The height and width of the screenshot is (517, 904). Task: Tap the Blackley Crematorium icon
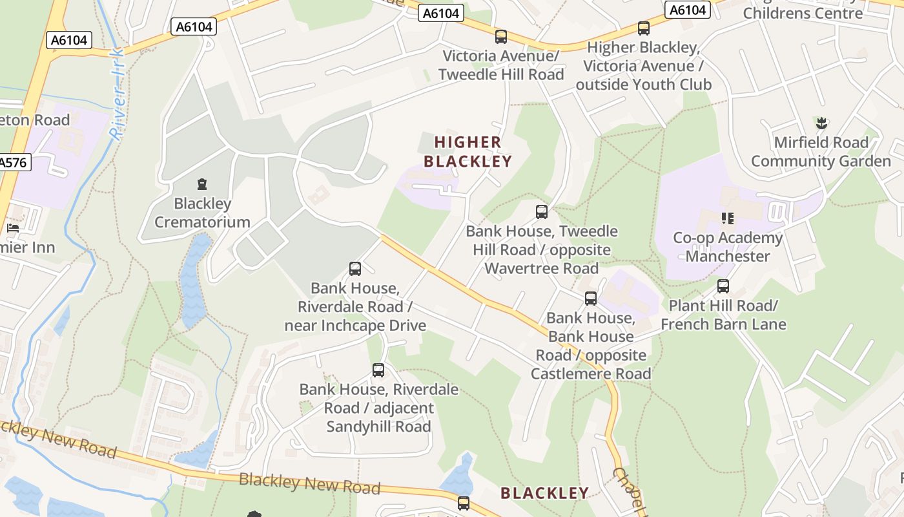coord(202,185)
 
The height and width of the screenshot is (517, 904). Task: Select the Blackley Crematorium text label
coord(202,213)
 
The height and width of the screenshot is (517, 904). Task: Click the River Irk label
coord(117,94)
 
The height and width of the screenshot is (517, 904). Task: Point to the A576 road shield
coord(13,162)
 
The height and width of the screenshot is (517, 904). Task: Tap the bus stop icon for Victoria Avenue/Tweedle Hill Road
coord(500,37)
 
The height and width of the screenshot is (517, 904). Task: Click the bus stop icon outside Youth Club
coord(643,28)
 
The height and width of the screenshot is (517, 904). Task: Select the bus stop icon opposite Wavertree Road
coord(542,212)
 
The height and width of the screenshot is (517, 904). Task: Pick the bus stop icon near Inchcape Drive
coord(354,269)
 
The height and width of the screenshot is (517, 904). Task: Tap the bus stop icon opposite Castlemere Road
coord(590,299)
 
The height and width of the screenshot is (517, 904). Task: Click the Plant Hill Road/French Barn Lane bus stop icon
coord(723,286)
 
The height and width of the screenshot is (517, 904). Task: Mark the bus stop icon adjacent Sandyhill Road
coord(378,370)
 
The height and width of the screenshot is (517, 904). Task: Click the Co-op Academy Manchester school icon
coord(728,218)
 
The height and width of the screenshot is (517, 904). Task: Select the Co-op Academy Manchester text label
coord(728,247)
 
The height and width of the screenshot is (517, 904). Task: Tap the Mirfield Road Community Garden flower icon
coord(821,122)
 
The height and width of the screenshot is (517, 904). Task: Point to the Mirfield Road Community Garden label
coord(821,152)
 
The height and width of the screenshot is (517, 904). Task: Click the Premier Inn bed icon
coord(12,228)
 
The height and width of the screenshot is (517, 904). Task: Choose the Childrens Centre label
coord(803,13)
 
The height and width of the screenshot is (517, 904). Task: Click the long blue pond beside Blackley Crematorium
coord(194,281)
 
